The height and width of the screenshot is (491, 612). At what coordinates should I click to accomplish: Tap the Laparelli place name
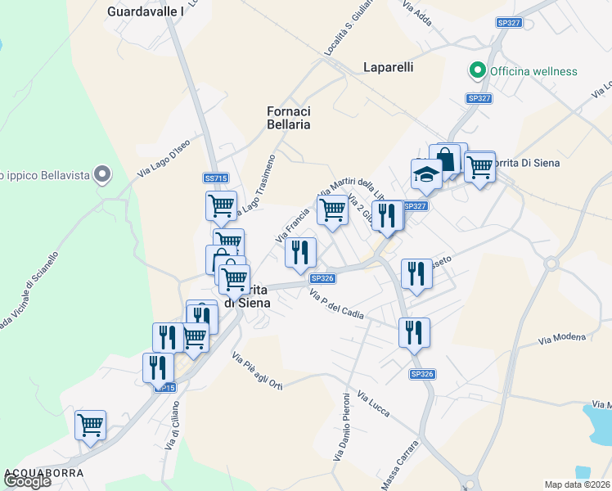pyautogui.click(x=388, y=66)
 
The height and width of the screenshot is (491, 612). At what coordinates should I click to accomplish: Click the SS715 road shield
pyautogui.click(x=215, y=178)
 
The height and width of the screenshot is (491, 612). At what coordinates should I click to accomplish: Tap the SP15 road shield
pyautogui.click(x=166, y=387)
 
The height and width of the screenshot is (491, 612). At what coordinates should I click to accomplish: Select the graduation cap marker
pyautogui.click(x=426, y=174)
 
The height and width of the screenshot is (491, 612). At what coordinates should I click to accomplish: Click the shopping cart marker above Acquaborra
pyautogui.click(x=90, y=425)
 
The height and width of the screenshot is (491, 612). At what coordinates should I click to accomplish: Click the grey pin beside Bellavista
pyautogui.click(x=101, y=174)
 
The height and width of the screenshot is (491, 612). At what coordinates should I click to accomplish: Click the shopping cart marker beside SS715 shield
pyautogui.click(x=221, y=206)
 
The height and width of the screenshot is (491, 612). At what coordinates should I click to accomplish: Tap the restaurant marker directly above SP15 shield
pyautogui.click(x=158, y=367)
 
